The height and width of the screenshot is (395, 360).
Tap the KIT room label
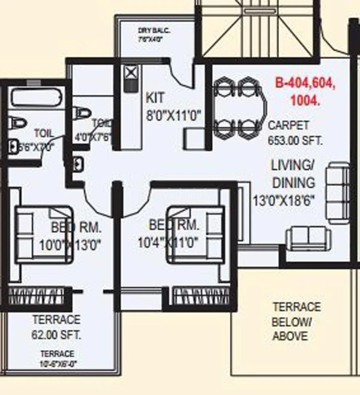coord(155,98)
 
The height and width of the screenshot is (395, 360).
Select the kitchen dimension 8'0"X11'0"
coord(174,115)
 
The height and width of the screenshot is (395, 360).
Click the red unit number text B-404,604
coord(305,83)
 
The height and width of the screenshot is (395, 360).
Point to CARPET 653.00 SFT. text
coord(295,133)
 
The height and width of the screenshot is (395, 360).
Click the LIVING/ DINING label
coord(293,174)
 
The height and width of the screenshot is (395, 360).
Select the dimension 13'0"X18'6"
coord(284,201)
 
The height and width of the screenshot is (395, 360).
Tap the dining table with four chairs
coord(238,109)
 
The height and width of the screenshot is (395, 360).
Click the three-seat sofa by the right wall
coord(338,193)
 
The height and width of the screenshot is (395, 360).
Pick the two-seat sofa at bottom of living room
coord(308,239)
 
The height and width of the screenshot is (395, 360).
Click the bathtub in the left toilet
coord(36,98)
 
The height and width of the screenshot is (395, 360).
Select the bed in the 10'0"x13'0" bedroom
coord(44,234)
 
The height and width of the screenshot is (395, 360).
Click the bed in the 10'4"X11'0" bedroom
coord(195,234)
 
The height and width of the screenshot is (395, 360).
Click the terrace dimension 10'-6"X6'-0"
coord(57,359)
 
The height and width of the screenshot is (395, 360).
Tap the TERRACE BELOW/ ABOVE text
coord(296,321)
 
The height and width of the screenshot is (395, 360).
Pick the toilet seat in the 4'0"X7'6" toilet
coord(83,113)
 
